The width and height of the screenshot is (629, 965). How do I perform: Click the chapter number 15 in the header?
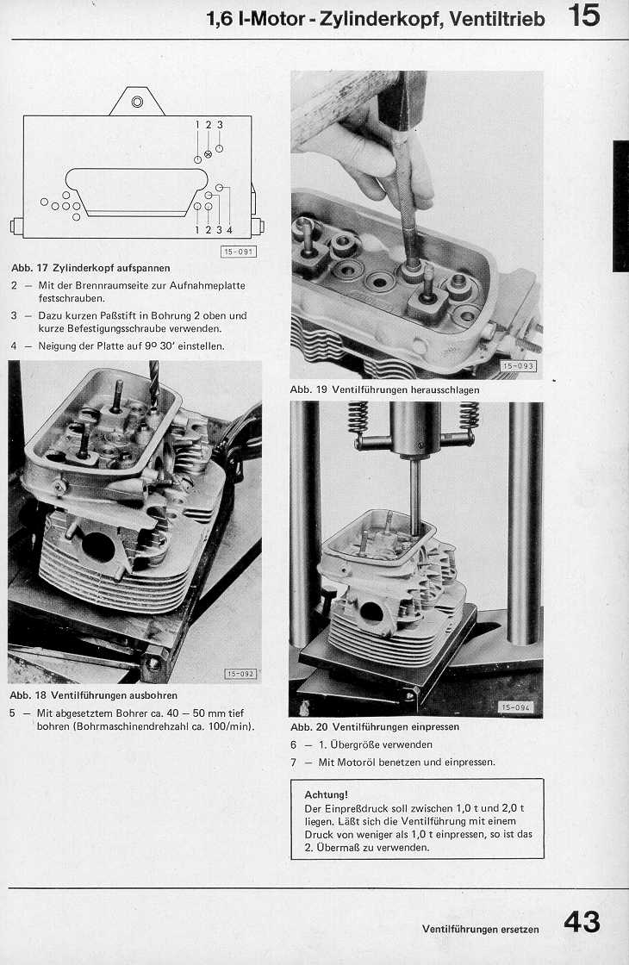click(x=584, y=16)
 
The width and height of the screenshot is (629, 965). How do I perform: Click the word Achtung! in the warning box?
click(x=326, y=794)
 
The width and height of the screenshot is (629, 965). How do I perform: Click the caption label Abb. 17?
click(x=28, y=268)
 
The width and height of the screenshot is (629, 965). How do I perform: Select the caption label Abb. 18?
click(x=28, y=694)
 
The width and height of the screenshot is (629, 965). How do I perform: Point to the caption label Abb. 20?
click(x=309, y=726)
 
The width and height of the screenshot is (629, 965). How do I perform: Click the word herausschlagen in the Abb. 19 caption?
click(x=441, y=389)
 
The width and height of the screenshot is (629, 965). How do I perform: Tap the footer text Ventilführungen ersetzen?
click(x=480, y=929)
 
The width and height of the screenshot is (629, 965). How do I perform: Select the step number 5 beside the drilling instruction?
click(x=14, y=713)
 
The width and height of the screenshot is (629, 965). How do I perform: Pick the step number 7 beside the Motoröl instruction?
click(x=294, y=762)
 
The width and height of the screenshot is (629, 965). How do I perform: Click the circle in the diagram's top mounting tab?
click(x=136, y=103)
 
